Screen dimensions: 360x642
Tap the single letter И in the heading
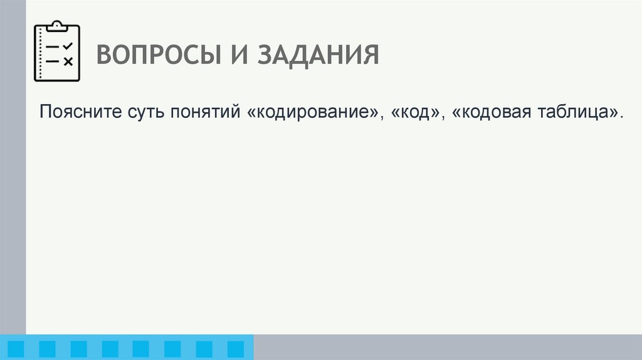point(234,55)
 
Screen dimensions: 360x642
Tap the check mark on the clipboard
point(68,46)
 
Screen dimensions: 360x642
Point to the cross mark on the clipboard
point(68,61)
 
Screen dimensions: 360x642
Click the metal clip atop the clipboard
point(57,26)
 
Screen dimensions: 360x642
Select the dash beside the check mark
point(53,47)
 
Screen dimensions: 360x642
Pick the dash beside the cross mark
point(53,61)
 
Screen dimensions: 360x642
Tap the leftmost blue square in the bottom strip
point(16,349)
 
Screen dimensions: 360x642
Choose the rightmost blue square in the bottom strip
point(235,349)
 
